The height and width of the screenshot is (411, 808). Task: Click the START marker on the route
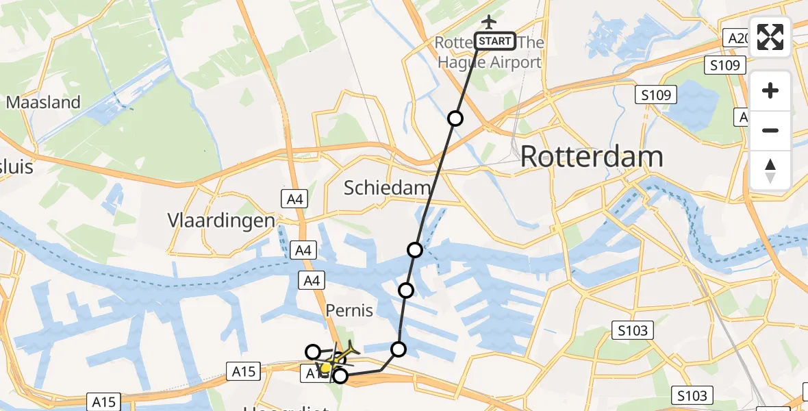[495, 41]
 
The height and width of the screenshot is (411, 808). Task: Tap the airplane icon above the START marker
[488, 21]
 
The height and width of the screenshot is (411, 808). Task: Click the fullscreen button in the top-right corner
[770, 37]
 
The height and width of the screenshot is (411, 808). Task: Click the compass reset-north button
[770, 171]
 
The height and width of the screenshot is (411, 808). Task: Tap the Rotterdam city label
[592, 157]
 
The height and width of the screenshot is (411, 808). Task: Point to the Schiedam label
[388, 188]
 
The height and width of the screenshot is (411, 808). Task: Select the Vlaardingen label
[221, 221]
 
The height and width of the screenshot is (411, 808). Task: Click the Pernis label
[350, 310]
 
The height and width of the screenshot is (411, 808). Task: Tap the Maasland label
[43, 103]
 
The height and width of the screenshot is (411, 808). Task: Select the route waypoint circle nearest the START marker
[455, 119]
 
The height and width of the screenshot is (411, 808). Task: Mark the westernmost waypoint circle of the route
[312, 352]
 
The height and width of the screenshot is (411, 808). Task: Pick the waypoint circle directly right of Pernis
[406, 290]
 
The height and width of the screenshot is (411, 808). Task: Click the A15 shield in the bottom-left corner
[104, 401]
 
